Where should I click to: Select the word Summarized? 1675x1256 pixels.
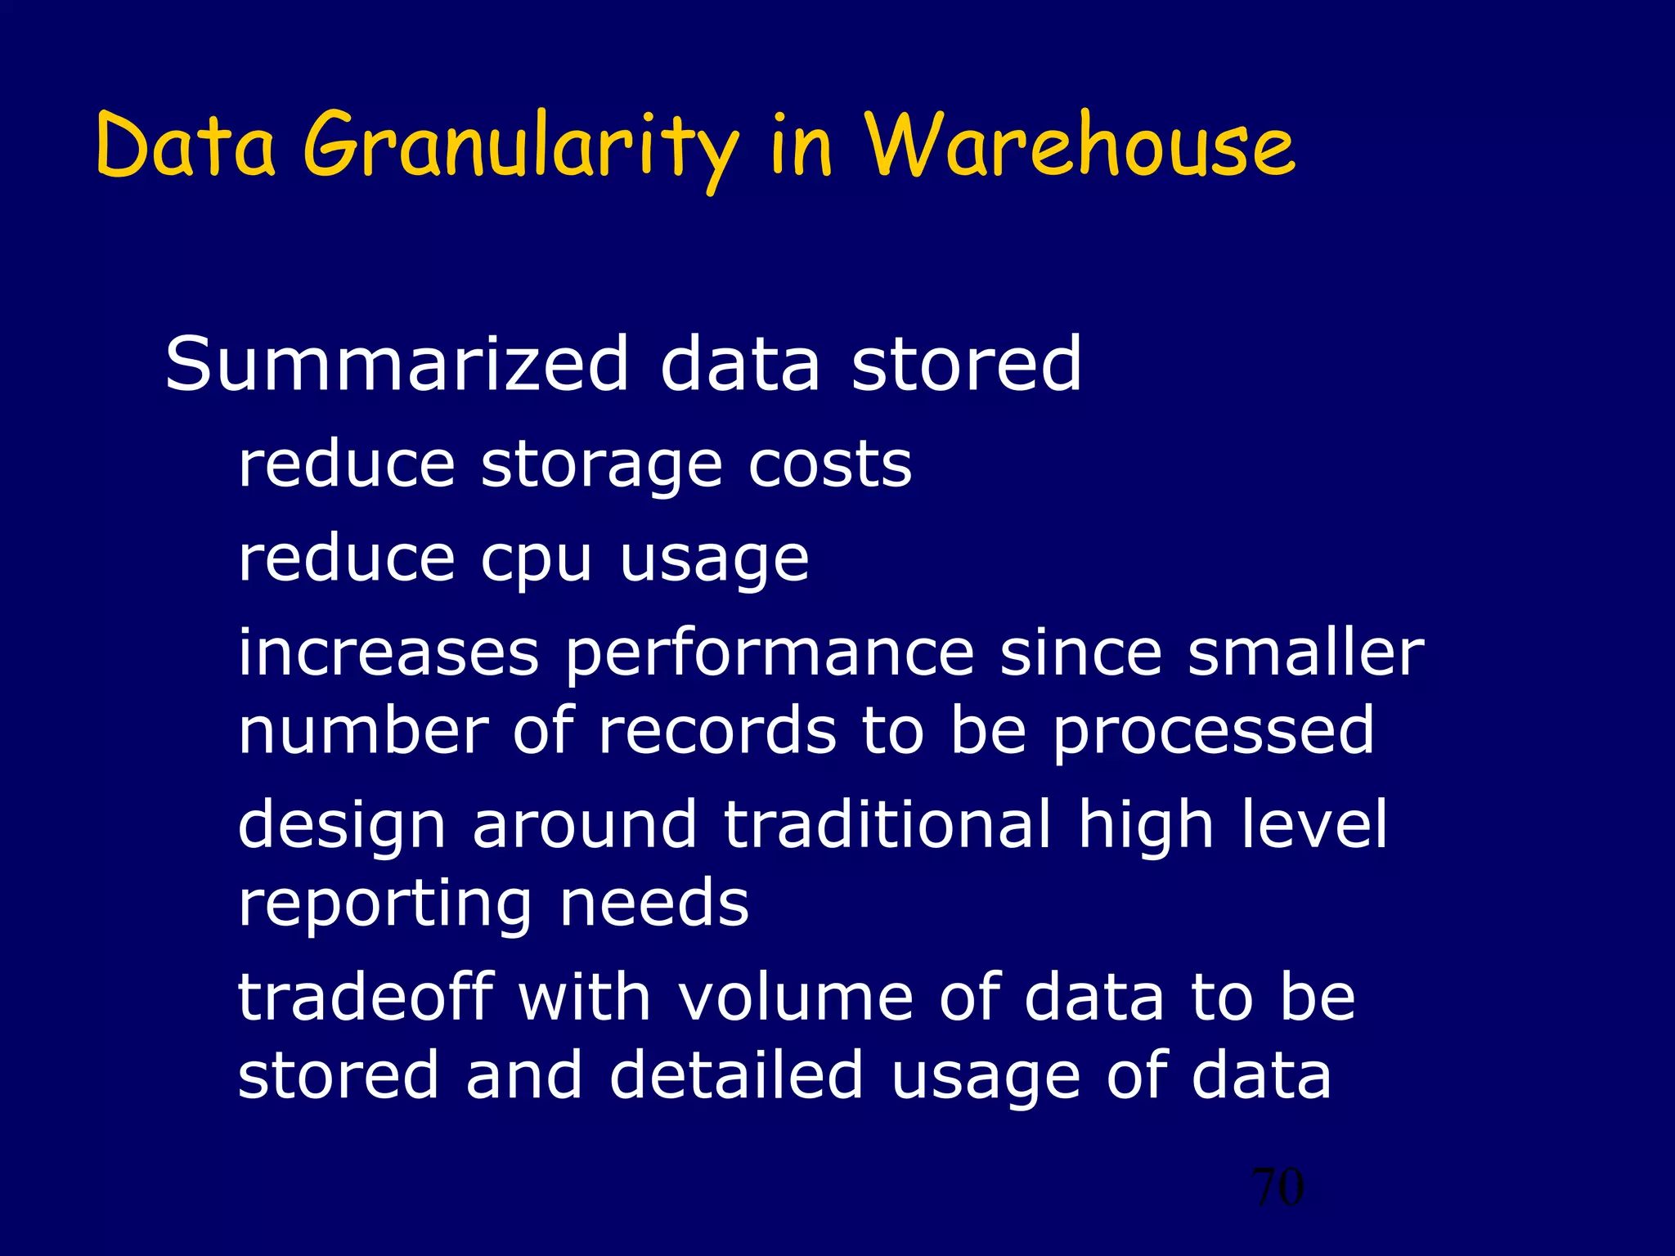click(x=397, y=364)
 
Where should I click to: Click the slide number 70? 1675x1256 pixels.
click(x=1278, y=1187)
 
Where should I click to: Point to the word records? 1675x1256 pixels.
click(x=717, y=730)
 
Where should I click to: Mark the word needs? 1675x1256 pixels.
click(x=654, y=903)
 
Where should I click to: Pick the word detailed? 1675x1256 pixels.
click(x=736, y=1074)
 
